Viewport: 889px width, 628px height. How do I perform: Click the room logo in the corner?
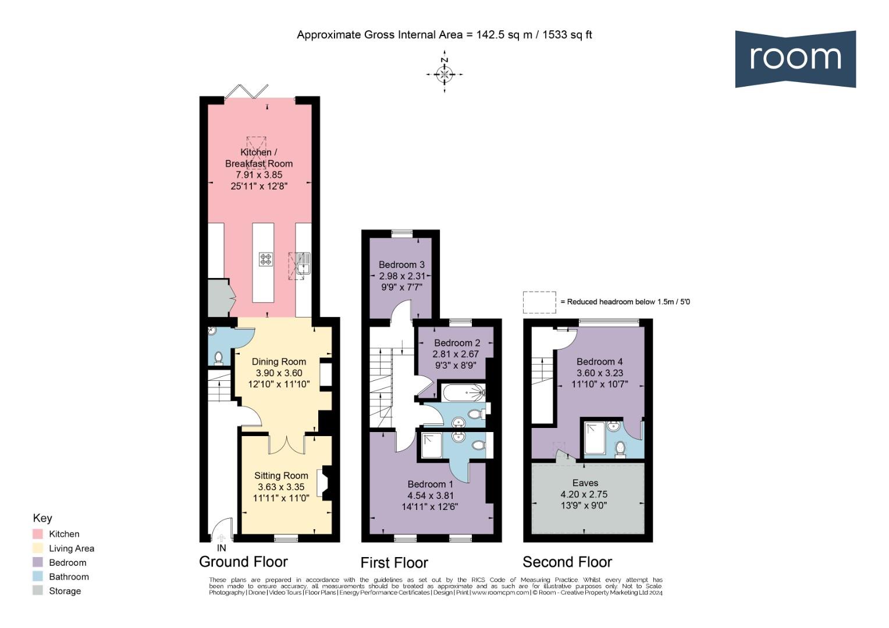795,59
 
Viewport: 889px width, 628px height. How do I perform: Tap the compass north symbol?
444,72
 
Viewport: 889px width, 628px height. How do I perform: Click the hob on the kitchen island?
266,259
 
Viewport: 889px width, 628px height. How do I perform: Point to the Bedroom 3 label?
401,265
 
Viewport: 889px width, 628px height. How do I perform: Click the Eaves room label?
585,483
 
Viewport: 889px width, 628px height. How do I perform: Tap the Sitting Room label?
281,476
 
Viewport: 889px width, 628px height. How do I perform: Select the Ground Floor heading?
243,562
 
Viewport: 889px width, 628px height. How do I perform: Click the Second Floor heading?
567,562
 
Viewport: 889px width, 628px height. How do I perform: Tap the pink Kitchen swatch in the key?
38,534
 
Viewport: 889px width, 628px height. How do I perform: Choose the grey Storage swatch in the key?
38,591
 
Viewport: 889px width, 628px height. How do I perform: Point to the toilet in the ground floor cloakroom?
218,358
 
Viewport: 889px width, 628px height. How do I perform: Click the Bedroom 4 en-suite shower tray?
595,438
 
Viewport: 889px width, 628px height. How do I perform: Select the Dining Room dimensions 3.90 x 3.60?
279,373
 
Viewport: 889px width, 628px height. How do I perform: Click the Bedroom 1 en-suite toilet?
479,445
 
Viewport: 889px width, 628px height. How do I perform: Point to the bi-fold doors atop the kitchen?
246,91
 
